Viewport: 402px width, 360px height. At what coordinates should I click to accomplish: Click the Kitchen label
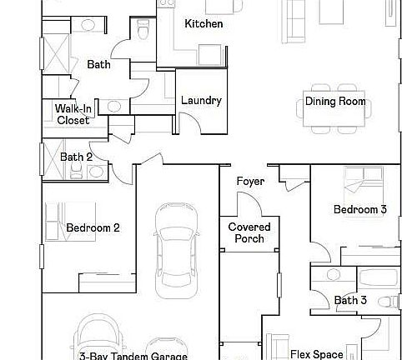pyautogui.click(x=204, y=24)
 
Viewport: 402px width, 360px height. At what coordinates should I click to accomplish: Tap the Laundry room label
pyautogui.click(x=201, y=102)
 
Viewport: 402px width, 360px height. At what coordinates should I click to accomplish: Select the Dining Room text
pyautogui.click(x=335, y=102)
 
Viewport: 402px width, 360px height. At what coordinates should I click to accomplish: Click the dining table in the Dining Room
pyautogui.click(x=334, y=117)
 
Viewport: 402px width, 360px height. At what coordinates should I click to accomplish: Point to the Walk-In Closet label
pyautogui.click(x=73, y=114)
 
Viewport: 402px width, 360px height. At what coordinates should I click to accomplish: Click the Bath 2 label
pyautogui.click(x=76, y=157)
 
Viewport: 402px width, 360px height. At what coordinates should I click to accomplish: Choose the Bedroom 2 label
pyautogui.click(x=93, y=227)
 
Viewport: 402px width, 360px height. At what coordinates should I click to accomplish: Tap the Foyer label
pyautogui.click(x=250, y=182)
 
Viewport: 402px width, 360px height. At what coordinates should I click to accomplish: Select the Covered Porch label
pyautogui.click(x=246, y=232)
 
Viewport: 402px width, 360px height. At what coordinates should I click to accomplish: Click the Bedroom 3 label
pyautogui.click(x=359, y=210)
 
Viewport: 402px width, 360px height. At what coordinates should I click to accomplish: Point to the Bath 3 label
pyautogui.click(x=350, y=300)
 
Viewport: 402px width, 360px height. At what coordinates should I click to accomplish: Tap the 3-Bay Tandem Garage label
pyautogui.click(x=133, y=355)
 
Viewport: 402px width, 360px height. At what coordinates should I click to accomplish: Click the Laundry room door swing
pyautogui.click(x=191, y=122)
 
